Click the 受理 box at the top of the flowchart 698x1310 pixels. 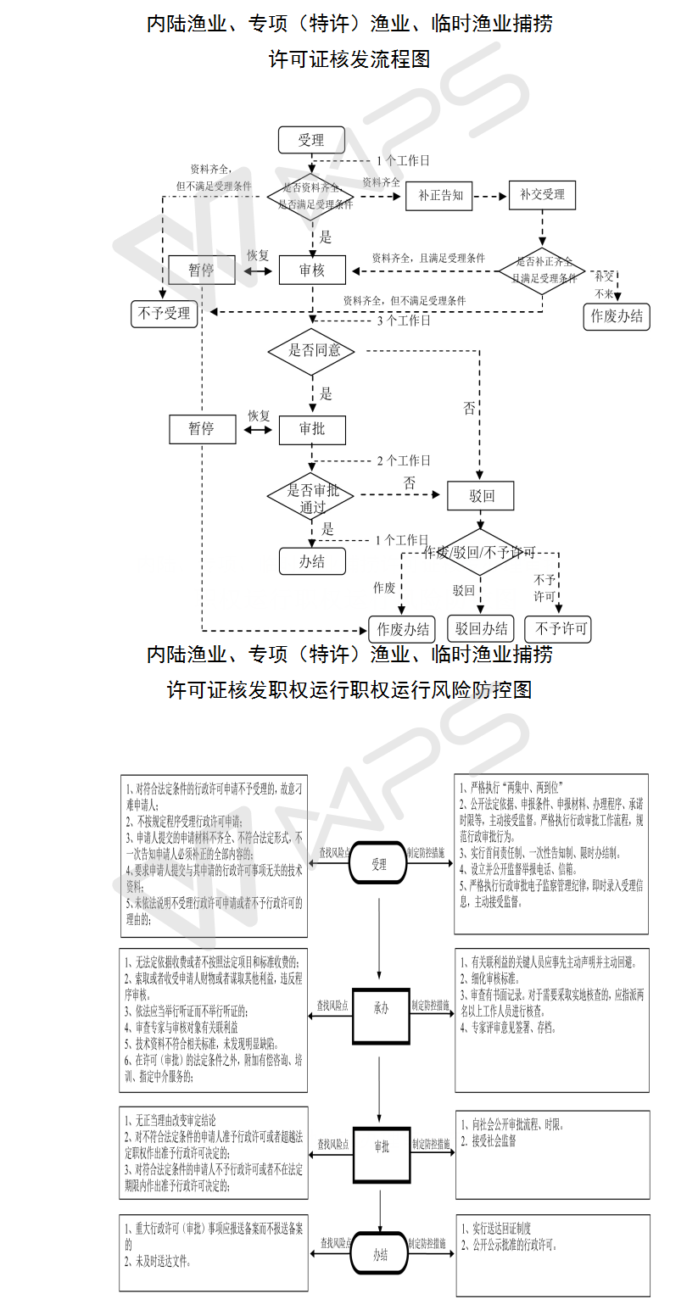pyautogui.click(x=311, y=140)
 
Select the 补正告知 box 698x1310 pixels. pyautogui.click(x=439, y=195)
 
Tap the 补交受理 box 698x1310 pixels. pyautogui.click(x=542, y=195)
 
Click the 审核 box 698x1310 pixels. pyautogui.click(x=312, y=270)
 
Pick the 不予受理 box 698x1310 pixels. pyautogui.click(x=165, y=314)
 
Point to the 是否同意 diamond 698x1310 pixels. pyautogui.click(x=310, y=350)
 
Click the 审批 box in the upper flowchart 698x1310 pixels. pyautogui.click(x=312, y=429)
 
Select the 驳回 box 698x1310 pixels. pyautogui.click(x=481, y=496)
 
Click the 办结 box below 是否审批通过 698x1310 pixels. pyautogui.click(x=311, y=560)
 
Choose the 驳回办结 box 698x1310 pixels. pyautogui.click(x=481, y=628)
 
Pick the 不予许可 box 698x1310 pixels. pyautogui.click(x=557, y=628)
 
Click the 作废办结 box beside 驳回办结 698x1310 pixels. pyautogui.click(x=402, y=628)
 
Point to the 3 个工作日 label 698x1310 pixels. pyautogui.click(x=403, y=321)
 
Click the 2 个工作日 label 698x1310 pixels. pyautogui.click(x=403, y=460)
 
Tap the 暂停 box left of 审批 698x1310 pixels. pyautogui.click(x=201, y=429)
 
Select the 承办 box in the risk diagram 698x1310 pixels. pyautogui.click(x=381, y=1009)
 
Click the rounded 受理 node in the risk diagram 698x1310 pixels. pyautogui.click(x=379, y=865)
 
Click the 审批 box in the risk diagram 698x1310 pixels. pyautogui.click(x=382, y=1146)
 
